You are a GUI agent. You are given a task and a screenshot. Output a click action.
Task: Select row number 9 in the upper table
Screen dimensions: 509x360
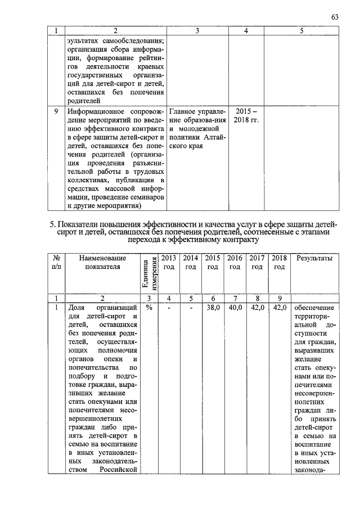(56, 111)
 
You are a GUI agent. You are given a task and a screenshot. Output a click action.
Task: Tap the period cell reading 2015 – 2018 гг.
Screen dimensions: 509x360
(246, 116)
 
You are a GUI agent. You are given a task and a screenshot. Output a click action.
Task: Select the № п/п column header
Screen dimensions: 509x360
(56, 262)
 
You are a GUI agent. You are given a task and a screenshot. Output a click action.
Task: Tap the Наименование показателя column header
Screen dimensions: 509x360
(103, 262)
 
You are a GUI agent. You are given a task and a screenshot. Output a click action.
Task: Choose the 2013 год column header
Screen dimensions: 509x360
(169, 262)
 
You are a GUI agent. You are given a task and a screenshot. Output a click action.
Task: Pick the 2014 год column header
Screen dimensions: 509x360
(191, 262)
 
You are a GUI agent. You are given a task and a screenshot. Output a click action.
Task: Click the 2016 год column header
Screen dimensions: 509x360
(235, 262)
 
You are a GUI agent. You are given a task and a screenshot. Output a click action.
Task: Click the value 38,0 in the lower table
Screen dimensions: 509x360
(213, 308)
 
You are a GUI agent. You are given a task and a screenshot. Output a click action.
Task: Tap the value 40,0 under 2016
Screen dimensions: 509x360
(235, 308)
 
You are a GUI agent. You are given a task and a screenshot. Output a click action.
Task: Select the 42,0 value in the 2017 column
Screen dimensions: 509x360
(256, 308)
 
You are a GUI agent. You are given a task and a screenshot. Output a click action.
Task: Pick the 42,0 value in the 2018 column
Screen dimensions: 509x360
(278, 308)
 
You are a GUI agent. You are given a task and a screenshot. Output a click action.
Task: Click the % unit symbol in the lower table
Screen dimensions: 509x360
(149, 308)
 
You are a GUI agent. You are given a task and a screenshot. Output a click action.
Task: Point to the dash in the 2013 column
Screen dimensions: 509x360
(169, 308)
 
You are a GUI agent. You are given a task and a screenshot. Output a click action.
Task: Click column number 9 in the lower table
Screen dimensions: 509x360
(278, 298)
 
